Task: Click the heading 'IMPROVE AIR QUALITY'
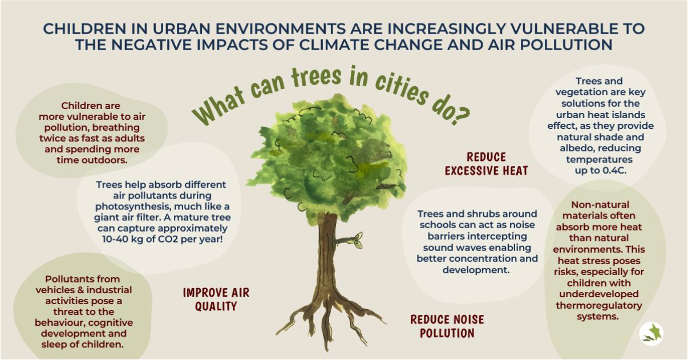click(x=216, y=300)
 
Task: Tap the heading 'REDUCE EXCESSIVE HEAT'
click(x=486, y=164)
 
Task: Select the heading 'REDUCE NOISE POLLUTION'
click(x=447, y=326)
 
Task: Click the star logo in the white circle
click(x=651, y=334)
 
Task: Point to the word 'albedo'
click(x=577, y=148)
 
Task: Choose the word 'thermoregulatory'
click(x=598, y=305)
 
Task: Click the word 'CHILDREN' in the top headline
click(x=85, y=29)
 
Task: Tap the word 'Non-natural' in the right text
click(x=600, y=205)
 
